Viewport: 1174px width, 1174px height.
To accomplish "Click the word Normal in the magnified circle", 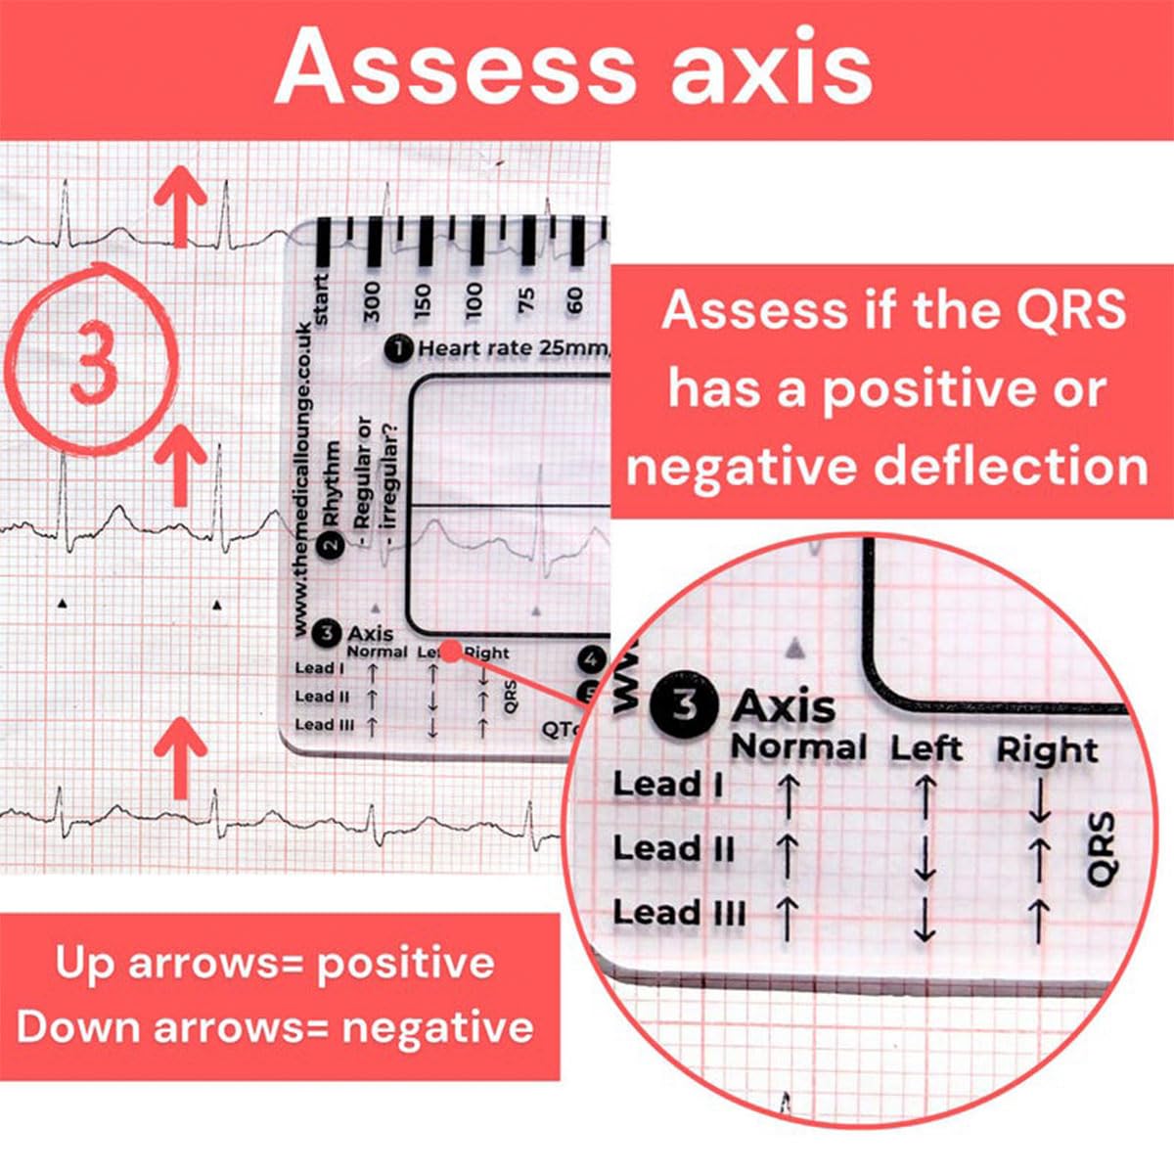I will coord(798,747).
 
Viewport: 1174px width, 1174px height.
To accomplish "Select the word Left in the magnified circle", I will coord(926,749).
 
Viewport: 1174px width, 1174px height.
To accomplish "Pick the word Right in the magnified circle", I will coord(1046,750).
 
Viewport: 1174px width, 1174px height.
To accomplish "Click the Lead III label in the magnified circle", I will coord(678,913).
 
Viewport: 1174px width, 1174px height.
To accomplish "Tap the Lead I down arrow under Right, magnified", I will coord(1039,802).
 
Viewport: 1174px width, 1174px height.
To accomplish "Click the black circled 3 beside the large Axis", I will coord(685,704).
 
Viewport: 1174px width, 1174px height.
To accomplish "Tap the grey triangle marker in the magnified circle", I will coord(796,647).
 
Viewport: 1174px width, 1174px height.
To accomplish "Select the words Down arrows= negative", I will coord(276,1028).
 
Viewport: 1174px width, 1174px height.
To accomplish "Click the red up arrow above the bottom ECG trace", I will coord(181,754).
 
